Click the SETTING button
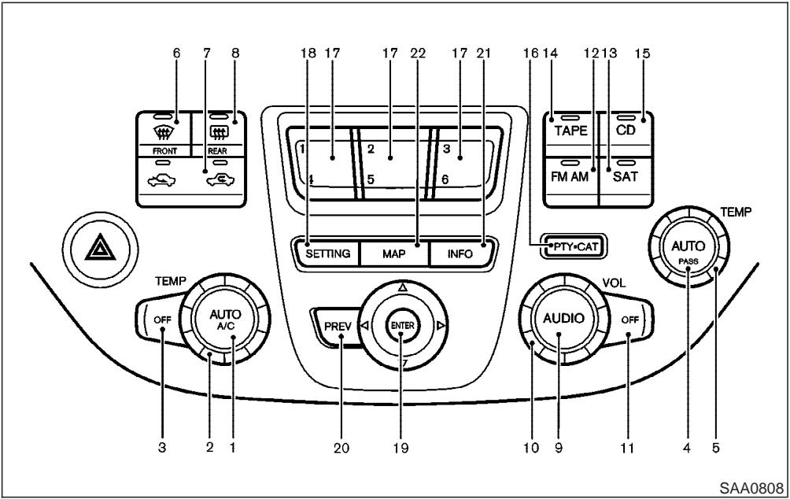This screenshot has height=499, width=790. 328,254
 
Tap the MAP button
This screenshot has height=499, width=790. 394,254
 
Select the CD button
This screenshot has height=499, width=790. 626,129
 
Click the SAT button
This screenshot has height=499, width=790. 626,177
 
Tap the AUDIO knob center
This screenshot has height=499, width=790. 560,319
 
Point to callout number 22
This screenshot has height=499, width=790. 418,53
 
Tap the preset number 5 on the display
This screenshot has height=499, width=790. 370,179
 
